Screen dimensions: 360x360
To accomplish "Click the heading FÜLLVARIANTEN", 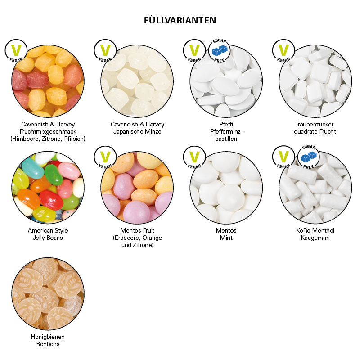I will (180, 20).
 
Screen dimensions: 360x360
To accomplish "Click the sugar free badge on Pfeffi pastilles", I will (220, 50).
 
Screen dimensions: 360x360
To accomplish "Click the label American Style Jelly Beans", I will (48, 234).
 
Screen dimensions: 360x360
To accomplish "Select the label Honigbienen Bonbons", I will (48, 340).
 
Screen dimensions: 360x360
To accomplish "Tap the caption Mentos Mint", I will (226, 234).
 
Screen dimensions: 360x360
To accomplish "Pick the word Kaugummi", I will (315, 238).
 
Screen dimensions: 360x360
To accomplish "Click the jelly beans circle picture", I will (48, 187).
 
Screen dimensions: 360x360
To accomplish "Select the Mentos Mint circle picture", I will (226, 187).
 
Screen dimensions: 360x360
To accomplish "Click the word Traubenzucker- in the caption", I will (315, 124).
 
